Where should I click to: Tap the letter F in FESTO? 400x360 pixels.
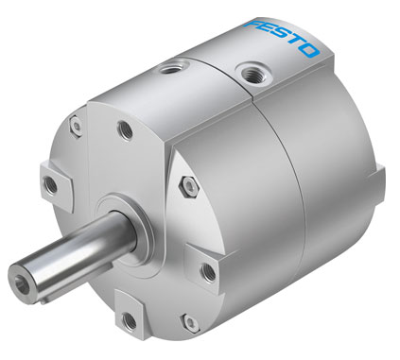click(253, 26)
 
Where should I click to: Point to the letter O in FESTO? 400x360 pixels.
click(308, 51)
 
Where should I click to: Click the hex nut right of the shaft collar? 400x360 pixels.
click(188, 186)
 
